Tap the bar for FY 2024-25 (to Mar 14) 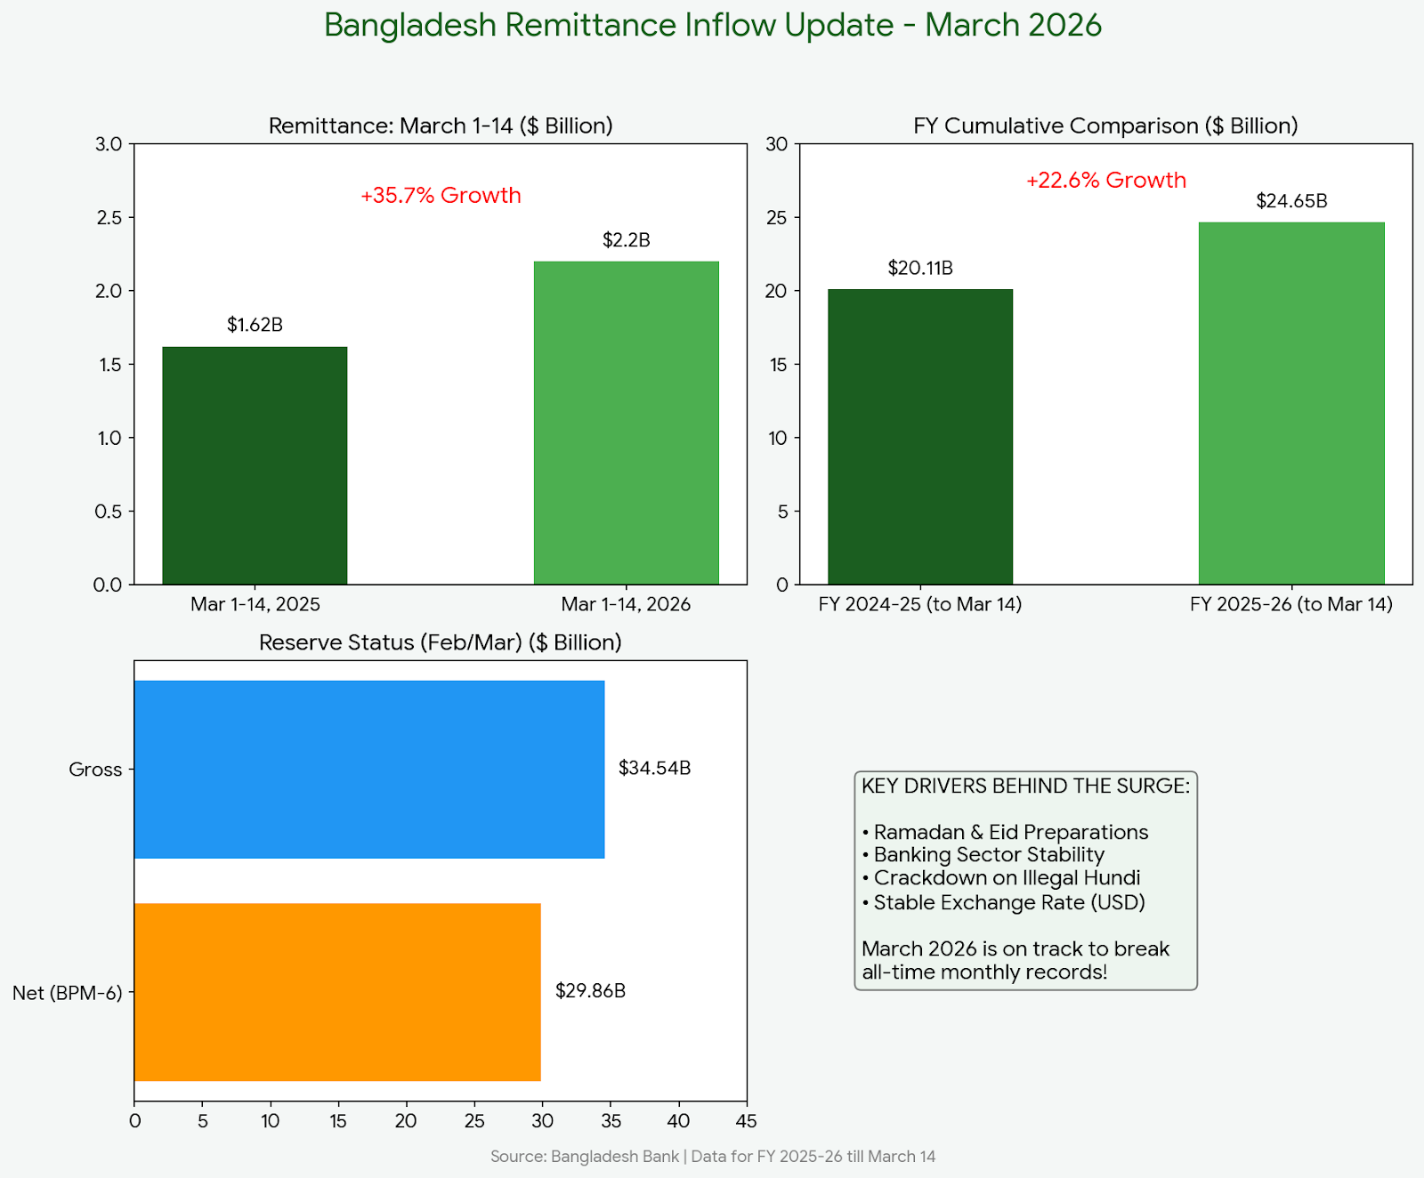tap(920, 437)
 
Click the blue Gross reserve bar tap(369, 770)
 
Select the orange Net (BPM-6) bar tap(337, 992)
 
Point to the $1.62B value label tap(255, 325)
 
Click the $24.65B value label tap(1291, 201)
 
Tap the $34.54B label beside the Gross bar tap(654, 768)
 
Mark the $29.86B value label tap(590, 990)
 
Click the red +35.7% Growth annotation tap(441, 196)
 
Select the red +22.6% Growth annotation tap(1106, 181)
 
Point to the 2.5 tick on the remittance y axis tap(109, 218)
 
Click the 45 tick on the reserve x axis tap(747, 1121)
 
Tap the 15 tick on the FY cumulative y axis tap(779, 365)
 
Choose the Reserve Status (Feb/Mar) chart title tap(441, 642)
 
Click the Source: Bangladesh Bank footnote tap(713, 1157)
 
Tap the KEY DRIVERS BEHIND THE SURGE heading tap(1025, 786)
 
